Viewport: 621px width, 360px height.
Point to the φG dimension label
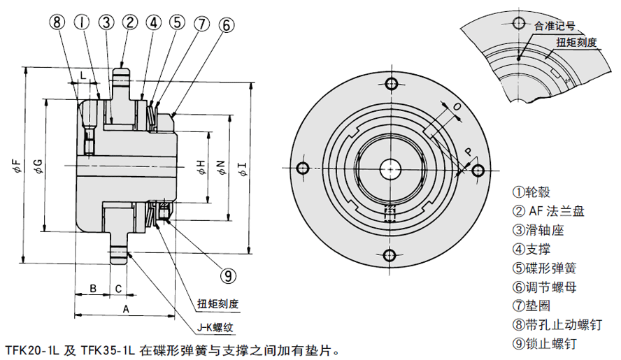(37, 166)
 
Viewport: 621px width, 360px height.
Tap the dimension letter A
(126, 308)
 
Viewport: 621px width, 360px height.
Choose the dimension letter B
(92, 288)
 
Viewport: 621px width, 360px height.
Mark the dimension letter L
(83, 74)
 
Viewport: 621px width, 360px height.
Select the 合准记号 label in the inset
(554, 27)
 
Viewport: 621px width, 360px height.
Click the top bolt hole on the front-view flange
(390, 85)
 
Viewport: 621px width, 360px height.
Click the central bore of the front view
(390, 168)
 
